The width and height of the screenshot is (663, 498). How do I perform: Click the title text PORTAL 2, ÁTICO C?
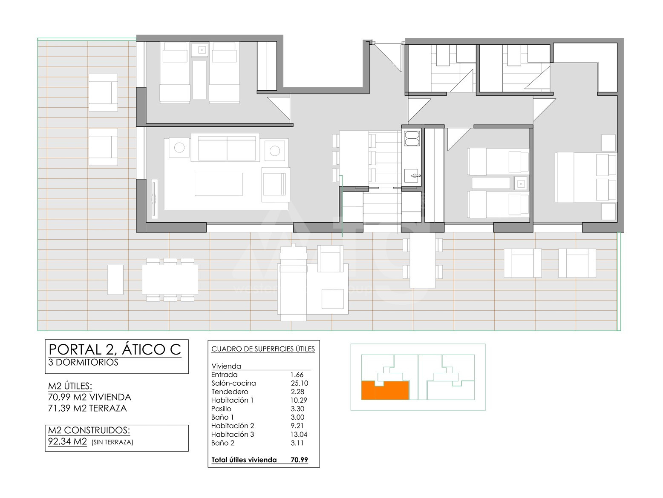[x=115, y=349]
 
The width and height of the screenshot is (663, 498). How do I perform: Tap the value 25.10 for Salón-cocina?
[x=299, y=383]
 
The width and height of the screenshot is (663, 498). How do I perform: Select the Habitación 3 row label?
[x=233, y=434]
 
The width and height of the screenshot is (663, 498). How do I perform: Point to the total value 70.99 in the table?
[x=299, y=460]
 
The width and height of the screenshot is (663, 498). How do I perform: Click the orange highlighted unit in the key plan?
[x=385, y=390]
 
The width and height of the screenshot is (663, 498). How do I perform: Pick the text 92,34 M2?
[x=67, y=441]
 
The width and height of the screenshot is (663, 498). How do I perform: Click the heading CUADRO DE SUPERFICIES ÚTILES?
[x=263, y=349]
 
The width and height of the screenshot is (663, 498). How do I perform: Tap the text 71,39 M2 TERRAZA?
[x=87, y=408]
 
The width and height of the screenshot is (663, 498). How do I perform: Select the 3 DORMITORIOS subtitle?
[x=83, y=362]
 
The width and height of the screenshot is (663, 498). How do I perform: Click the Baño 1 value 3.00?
[x=297, y=417]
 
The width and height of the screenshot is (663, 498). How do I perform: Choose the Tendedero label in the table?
[x=230, y=392]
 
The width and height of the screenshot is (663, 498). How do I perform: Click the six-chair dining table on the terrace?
[x=170, y=280]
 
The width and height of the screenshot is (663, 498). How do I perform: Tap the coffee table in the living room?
[x=219, y=184]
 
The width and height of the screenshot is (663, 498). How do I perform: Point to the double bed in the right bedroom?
[x=585, y=177]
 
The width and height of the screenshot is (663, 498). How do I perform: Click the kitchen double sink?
[x=412, y=138]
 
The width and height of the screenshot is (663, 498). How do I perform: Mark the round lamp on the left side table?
[x=179, y=148]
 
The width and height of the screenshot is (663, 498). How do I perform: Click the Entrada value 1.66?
[x=297, y=375]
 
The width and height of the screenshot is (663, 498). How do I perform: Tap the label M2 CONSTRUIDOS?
[x=89, y=430]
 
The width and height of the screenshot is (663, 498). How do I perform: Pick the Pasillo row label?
[x=221, y=409]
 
